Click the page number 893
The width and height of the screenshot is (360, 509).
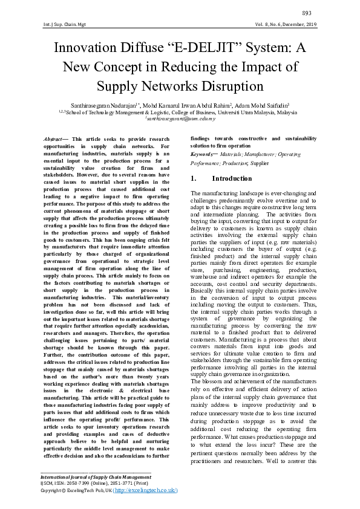[307, 13]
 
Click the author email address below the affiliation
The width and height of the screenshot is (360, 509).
[180, 119]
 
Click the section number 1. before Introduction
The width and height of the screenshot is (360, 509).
[193, 179]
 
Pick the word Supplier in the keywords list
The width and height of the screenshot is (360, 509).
[260, 163]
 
